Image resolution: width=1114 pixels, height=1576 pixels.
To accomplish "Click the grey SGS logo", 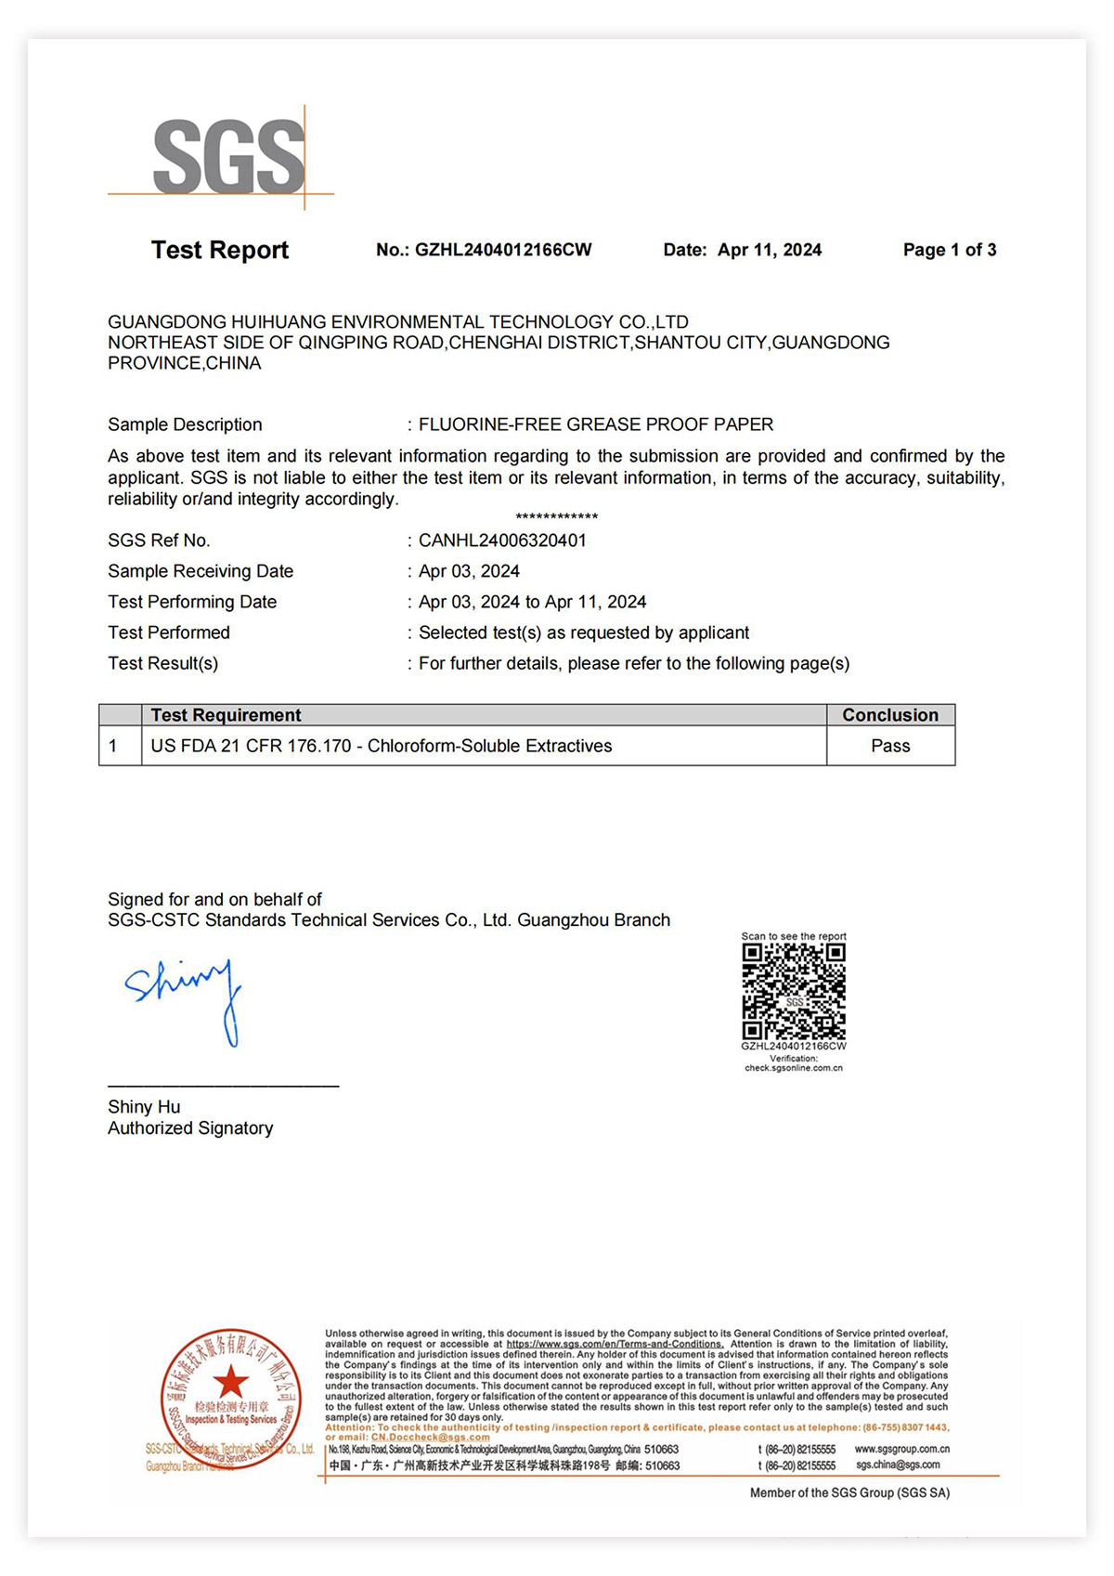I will [x=228, y=157].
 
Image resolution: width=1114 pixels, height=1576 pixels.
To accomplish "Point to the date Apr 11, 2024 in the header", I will [x=769, y=250].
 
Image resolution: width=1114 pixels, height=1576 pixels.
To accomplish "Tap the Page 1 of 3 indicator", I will [x=949, y=250].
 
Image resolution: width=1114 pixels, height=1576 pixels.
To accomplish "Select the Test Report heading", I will [x=220, y=250].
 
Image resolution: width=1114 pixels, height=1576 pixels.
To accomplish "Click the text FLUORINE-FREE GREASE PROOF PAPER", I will [x=595, y=424].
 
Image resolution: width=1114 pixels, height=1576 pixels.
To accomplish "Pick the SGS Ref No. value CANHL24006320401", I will [x=502, y=541].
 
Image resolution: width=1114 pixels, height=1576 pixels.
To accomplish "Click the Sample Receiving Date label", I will [x=201, y=571].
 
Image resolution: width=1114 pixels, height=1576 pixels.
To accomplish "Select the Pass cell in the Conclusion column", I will [x=890, y=746].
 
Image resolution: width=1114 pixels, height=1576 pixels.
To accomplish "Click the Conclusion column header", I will [x=890, y=715].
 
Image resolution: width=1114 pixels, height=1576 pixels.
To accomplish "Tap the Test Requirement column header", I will [x=226, y=715].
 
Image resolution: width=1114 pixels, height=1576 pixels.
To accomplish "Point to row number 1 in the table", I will [x=113, y=746].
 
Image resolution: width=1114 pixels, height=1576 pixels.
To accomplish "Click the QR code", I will [x=794, y=992].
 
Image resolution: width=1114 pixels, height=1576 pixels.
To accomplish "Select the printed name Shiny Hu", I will [x=144, y=1107].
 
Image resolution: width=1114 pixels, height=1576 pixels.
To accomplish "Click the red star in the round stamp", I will [x=230, y=1382].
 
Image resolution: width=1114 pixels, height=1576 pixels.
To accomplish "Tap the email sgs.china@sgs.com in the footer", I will [x=898, y=1465].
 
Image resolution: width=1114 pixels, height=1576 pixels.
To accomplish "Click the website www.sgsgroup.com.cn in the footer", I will [x=901, y=1449].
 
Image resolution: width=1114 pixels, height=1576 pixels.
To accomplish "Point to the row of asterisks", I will [x=556, y=517].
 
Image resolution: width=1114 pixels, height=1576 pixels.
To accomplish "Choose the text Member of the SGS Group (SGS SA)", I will [x=849, y=1492].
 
